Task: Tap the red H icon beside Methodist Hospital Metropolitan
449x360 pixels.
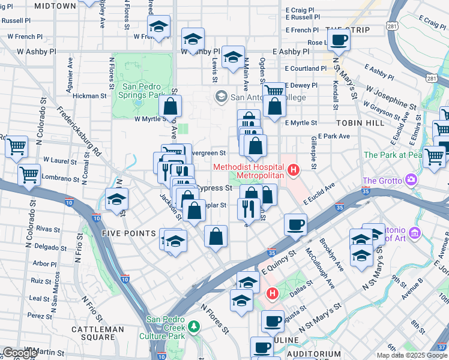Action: pos(294,171)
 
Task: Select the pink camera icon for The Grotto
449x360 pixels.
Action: pos(411,179)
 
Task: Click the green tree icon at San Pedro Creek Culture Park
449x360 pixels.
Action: pos(194,326)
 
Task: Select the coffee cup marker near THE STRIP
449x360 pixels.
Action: pos(339,41)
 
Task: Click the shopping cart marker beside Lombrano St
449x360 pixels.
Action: pos(28,175)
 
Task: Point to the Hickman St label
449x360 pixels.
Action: pos(89,95)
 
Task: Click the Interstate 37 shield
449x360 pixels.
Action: pos(442,347)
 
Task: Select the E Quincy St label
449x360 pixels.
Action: pos(279,261)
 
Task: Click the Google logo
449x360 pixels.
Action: pos(19,353)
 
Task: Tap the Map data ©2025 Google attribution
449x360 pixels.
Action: pos(412,355)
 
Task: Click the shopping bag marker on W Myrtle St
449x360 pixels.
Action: pos(170,107)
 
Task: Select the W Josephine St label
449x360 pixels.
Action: pos(390,97)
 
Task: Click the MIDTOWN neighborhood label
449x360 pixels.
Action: pos(55,6)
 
